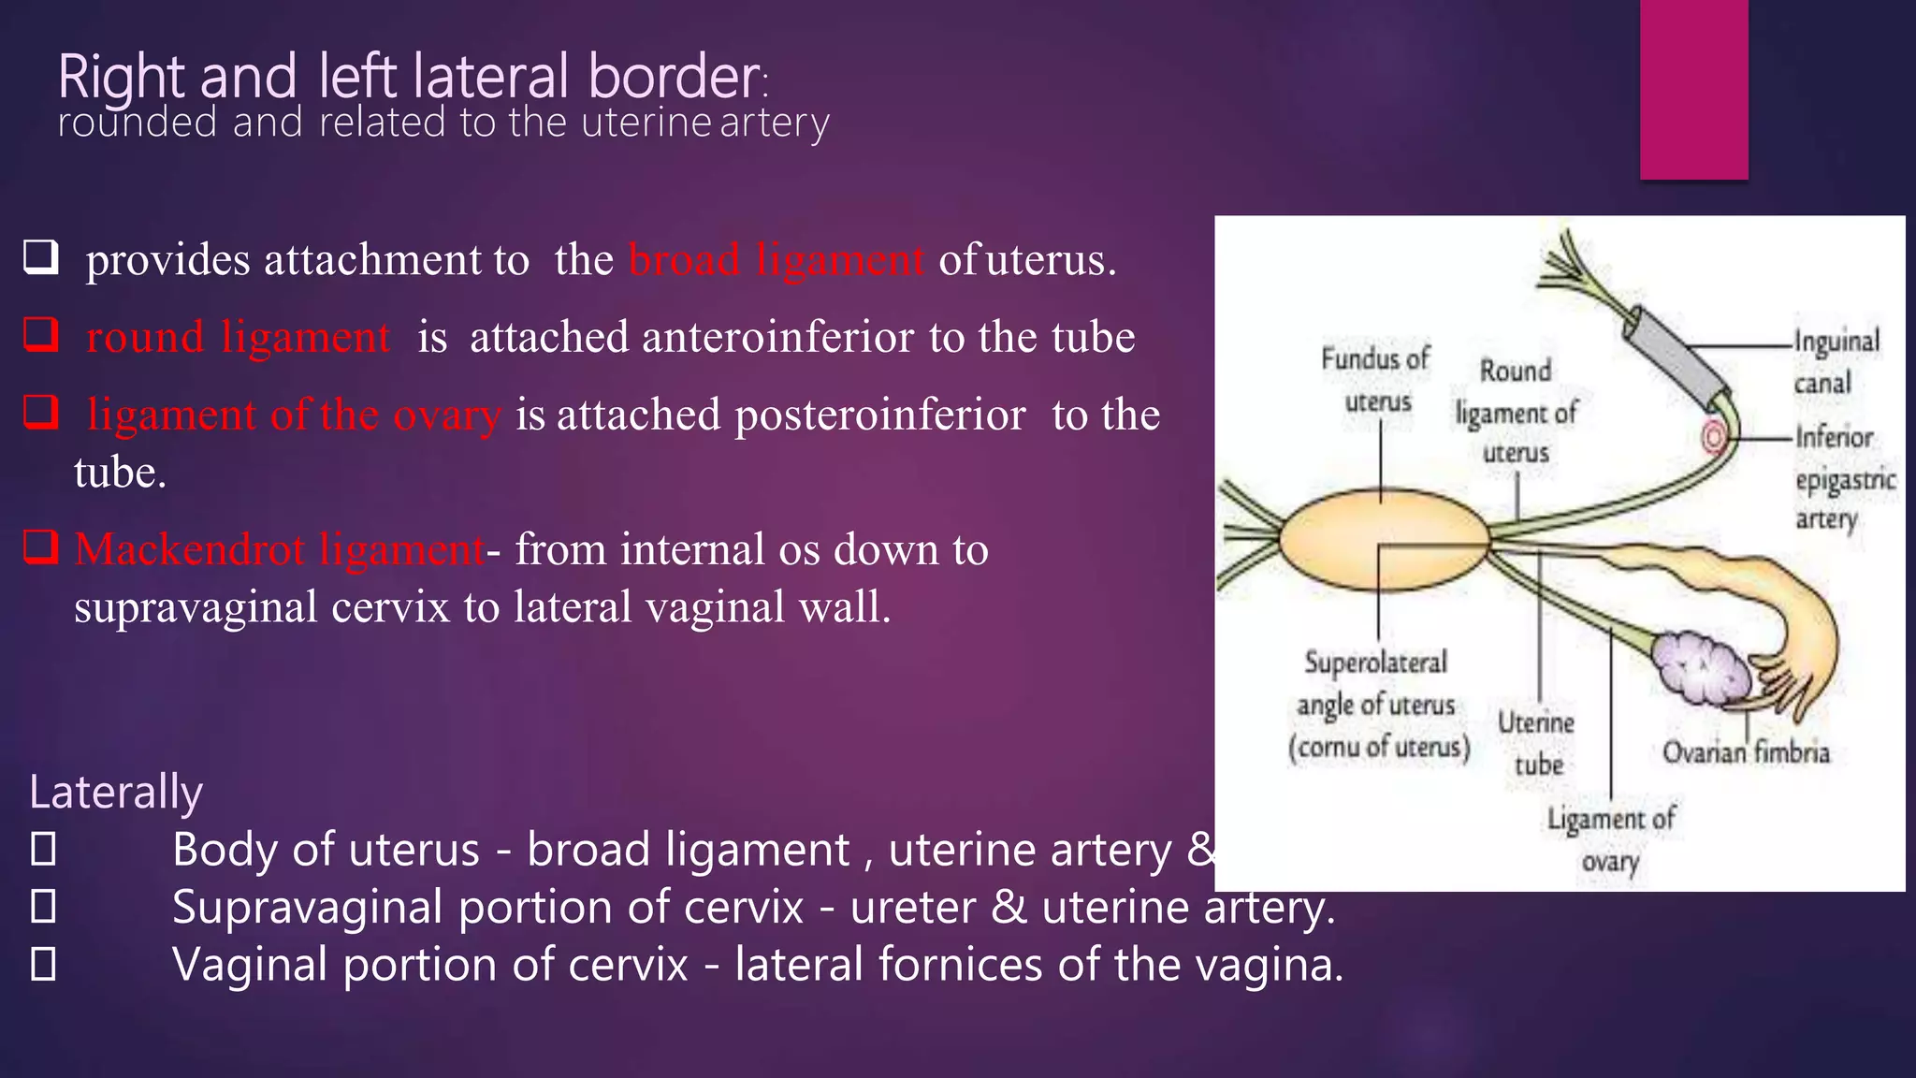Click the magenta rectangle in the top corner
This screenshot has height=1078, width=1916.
point(1693,89)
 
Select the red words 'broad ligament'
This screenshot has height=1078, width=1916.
point(777,260)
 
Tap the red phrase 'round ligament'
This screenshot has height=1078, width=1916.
point(239,337)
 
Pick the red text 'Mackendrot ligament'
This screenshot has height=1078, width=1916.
point(279,549)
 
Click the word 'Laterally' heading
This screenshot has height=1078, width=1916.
point(116,792)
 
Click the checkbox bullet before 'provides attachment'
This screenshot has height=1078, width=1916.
point(41,257)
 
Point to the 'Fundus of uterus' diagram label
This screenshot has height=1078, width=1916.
point(1376,379)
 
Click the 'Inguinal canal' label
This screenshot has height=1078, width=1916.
point(1835,361)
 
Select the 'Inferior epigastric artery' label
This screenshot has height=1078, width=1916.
point(1843,477)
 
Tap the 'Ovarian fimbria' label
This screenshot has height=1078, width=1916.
point(1745,752)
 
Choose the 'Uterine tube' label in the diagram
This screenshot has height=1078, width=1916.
point(1536,743)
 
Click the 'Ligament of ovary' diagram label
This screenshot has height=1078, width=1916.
point(1610,839)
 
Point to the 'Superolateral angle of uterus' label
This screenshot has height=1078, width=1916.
point(1377,705)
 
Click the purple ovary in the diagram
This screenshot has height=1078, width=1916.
point(1700,668)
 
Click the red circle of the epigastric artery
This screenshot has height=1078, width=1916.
point(1715,437)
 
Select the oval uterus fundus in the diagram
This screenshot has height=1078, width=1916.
point(1383,542)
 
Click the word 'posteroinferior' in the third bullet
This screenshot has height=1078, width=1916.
point(880,415)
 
